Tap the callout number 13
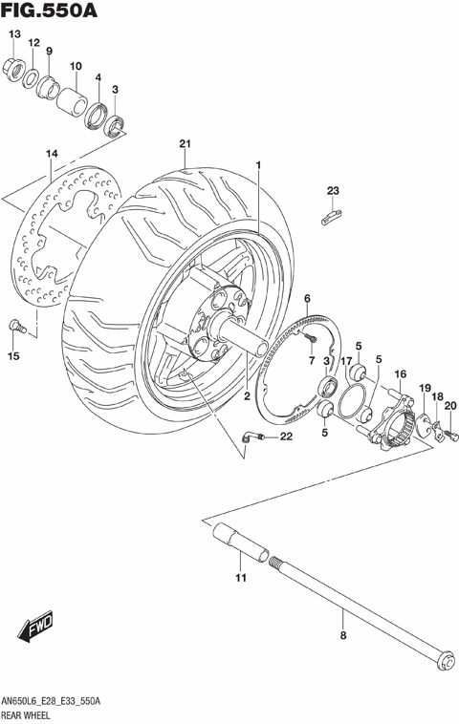[13, 35]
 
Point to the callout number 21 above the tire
[186, 145]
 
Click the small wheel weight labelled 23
[331, 219]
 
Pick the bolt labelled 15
[15, 328]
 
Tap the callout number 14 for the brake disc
[52, 154]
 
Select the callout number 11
[241, 577]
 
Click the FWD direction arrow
[36, 630]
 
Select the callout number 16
[401, 373]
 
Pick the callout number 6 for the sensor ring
[308, 300]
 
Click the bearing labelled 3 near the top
[116, 122]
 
